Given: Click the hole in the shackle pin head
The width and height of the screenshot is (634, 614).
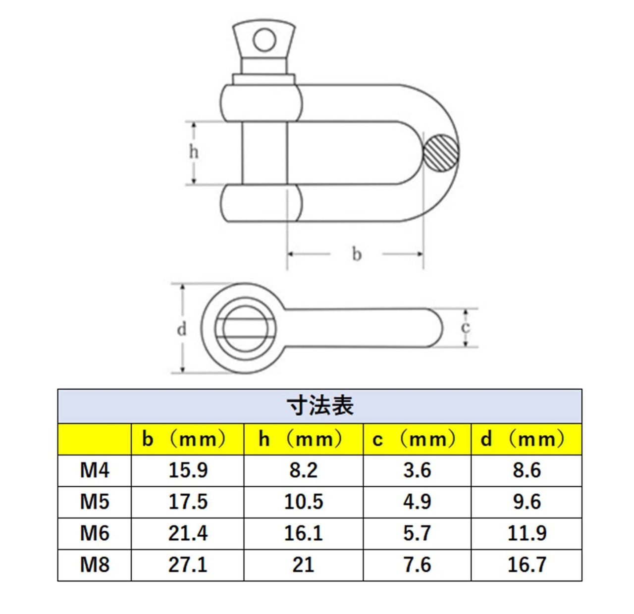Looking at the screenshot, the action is pyautogui.click(x=264, y=40).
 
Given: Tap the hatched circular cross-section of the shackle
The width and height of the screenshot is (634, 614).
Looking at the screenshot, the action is pyautogui.click(x=441, y=153).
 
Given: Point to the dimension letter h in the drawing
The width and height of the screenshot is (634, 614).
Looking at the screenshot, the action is pyautogui.click(x=194, y=152).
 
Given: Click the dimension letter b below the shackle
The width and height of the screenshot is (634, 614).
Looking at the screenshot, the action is pyautogui.click(x=357, y=254).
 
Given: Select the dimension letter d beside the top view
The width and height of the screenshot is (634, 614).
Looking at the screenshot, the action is pyautogui.click(x=182, y=329).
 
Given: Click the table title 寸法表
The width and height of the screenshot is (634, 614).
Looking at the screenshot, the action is pyautogui.click(x=319, y=406).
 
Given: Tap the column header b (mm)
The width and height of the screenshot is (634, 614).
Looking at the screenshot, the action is pyautogui.click(x=184, y=439).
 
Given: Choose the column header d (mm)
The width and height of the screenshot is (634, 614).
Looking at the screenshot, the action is pyautogui.click(x=522, y=439).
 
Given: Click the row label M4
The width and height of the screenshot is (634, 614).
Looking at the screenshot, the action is pyautogui.click(x=95, y=470).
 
